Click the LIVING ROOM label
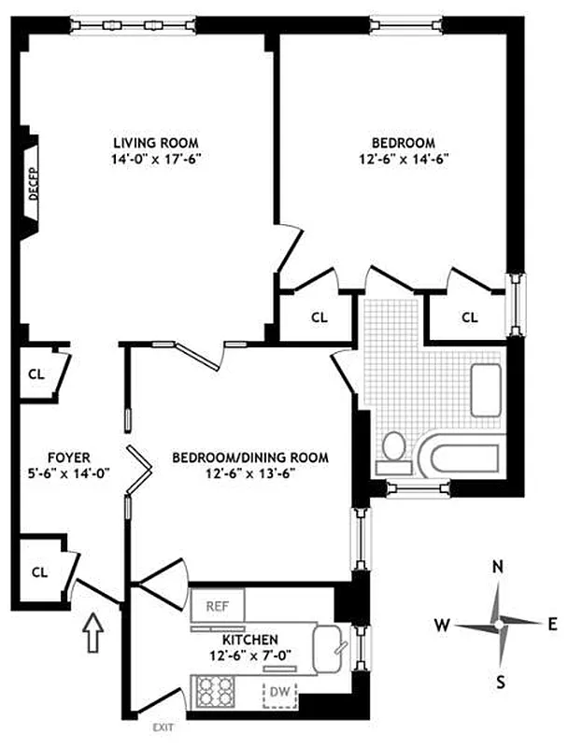tap(156, 142)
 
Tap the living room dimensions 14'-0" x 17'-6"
tap(156, 159)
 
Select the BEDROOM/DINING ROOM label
tap(250, 458)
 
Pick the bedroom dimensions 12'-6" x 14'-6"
tap(403, 159)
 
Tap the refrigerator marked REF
tap(218, 605)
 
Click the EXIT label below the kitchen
tap(163, 726)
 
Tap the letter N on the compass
tap(499, 567)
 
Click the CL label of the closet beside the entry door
tap(39, 571)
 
